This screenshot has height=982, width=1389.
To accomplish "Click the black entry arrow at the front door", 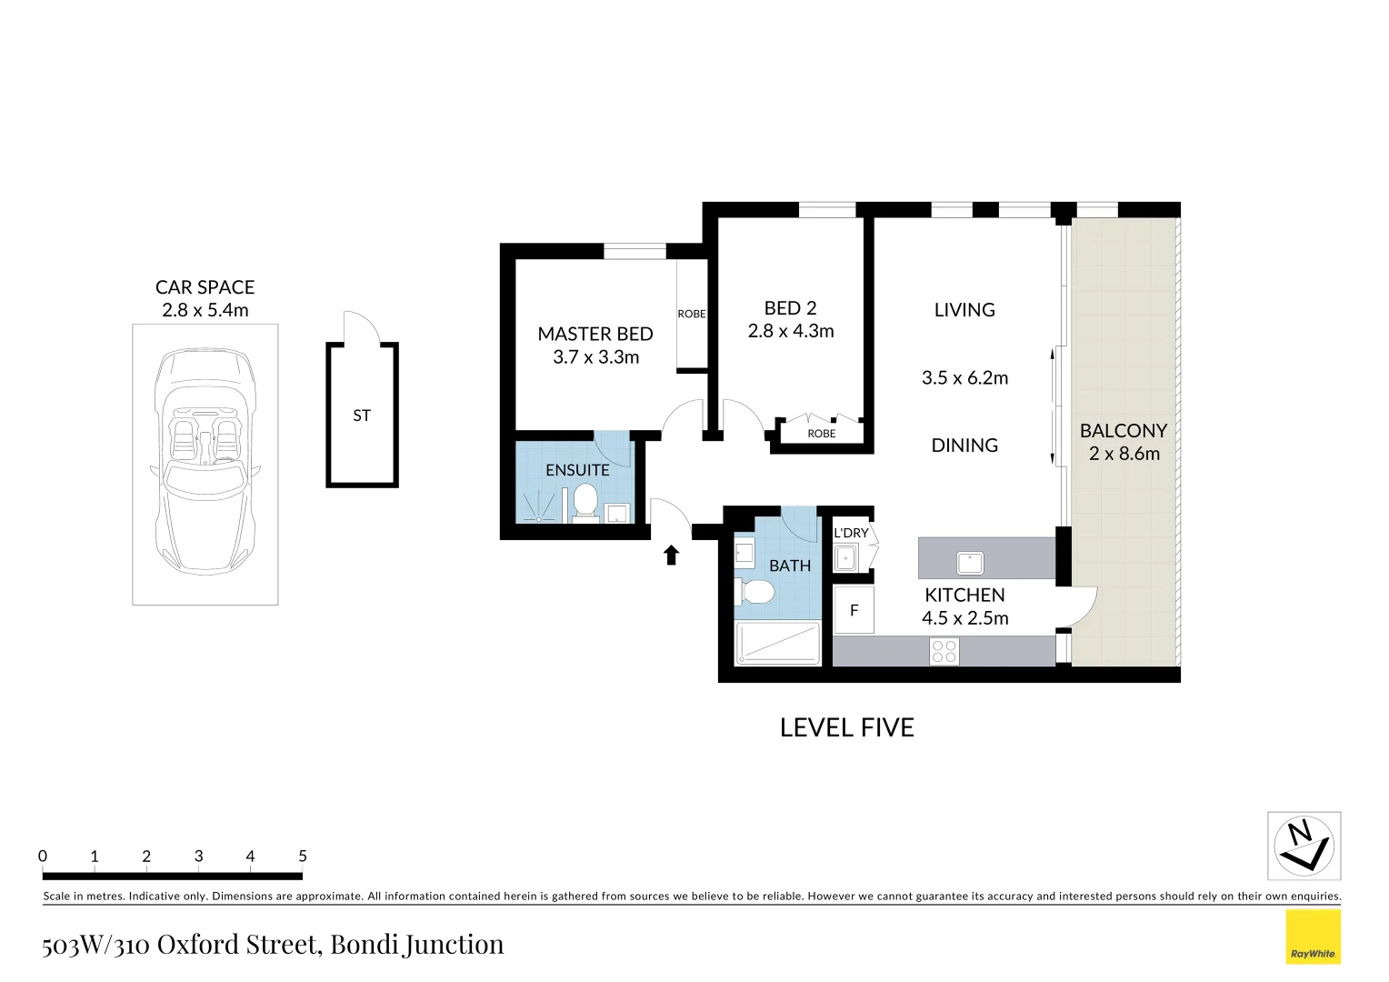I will (x=671, y=555).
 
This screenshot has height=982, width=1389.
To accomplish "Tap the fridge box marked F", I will (x=854, y=610).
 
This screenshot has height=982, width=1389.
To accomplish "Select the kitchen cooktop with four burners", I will (x=944, y=651).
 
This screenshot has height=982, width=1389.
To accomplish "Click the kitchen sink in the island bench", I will (x=970, y=564).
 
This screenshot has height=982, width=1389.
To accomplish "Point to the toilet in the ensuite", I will (x=585, y=501).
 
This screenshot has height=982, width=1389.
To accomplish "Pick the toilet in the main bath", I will (x=754, y=593).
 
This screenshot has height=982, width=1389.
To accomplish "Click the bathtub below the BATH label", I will (x=778, y=643).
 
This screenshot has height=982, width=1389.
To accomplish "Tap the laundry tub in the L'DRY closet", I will (x=847, y=557).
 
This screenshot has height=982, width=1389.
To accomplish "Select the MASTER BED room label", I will (x=595, y=334).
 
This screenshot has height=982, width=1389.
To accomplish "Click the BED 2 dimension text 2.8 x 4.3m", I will (x=791, y=332).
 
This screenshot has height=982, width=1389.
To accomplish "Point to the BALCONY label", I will (x=1124, y=430).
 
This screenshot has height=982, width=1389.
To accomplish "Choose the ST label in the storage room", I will (x=362, y=416).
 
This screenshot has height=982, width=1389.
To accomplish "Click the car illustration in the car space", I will (x=205, y=462).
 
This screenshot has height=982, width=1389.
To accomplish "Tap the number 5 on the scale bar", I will (x=303, y=856).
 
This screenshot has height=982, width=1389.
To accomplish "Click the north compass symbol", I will (x=1304, y=846).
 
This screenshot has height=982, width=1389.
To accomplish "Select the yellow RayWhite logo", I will (x=1313, y=937).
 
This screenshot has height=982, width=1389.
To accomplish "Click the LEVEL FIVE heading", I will (x=846, y=727).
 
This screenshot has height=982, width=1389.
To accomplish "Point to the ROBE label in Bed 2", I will (x=821, y=434).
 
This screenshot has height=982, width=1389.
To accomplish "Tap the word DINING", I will (x=964, y=446).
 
